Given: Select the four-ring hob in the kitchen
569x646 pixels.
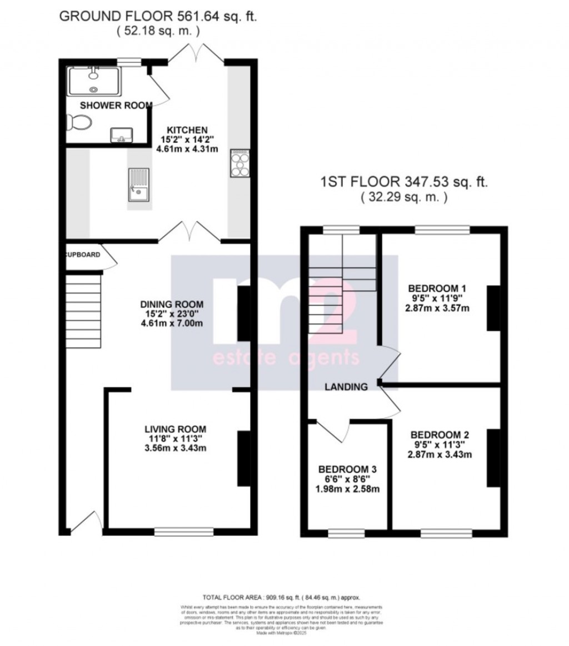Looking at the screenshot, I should click(239, 163).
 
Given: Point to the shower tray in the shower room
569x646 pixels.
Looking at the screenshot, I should click(93, 81).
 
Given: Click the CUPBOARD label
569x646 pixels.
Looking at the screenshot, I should click(83, 255).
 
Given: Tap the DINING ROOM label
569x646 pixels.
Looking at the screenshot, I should click(172, 304).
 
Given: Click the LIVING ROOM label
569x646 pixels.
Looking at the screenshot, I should click(175, 429).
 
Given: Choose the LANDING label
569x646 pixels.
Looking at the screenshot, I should click(347, 387).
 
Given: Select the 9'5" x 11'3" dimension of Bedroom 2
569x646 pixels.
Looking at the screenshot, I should click(436, 444).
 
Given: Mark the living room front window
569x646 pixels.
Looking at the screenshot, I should click(183, 531).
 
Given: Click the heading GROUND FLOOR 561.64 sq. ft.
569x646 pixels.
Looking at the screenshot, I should click(158, 16).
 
